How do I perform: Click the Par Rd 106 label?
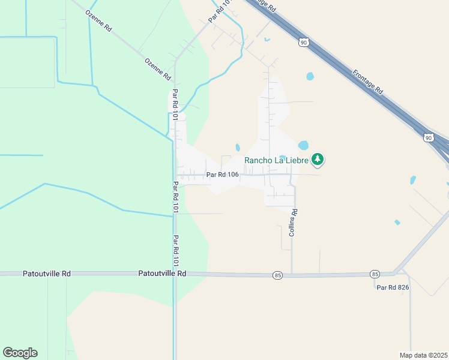[222, 175]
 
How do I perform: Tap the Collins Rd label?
[294, 222]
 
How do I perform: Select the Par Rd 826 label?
[393, 287]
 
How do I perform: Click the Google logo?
[20, 353]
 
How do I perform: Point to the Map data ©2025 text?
[423, 355]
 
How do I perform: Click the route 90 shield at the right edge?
[428, 138]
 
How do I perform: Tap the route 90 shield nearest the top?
[304, 42]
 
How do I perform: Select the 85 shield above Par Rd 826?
[376, 274]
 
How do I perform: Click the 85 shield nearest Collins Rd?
[277, 275]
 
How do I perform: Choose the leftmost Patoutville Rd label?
[47, 273]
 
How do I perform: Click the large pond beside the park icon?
[303, 145]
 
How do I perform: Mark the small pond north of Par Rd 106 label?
[238, 147]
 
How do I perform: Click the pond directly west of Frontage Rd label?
[310, 76]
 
